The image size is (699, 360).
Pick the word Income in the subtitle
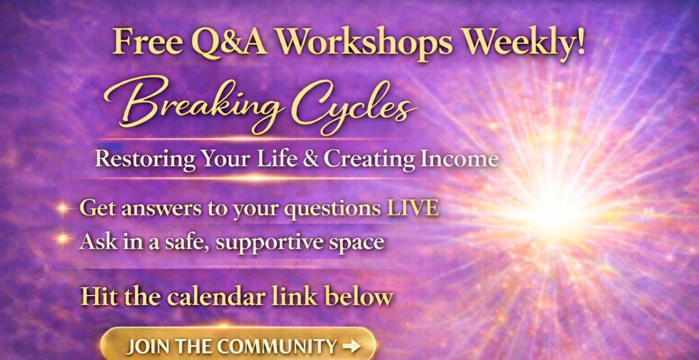pos(460,158)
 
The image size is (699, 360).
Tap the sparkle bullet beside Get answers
pos(63,209)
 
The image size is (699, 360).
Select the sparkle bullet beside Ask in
pos(63,239)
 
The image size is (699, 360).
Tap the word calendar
pos(216,296)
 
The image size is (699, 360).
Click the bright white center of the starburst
pos(551,213)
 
